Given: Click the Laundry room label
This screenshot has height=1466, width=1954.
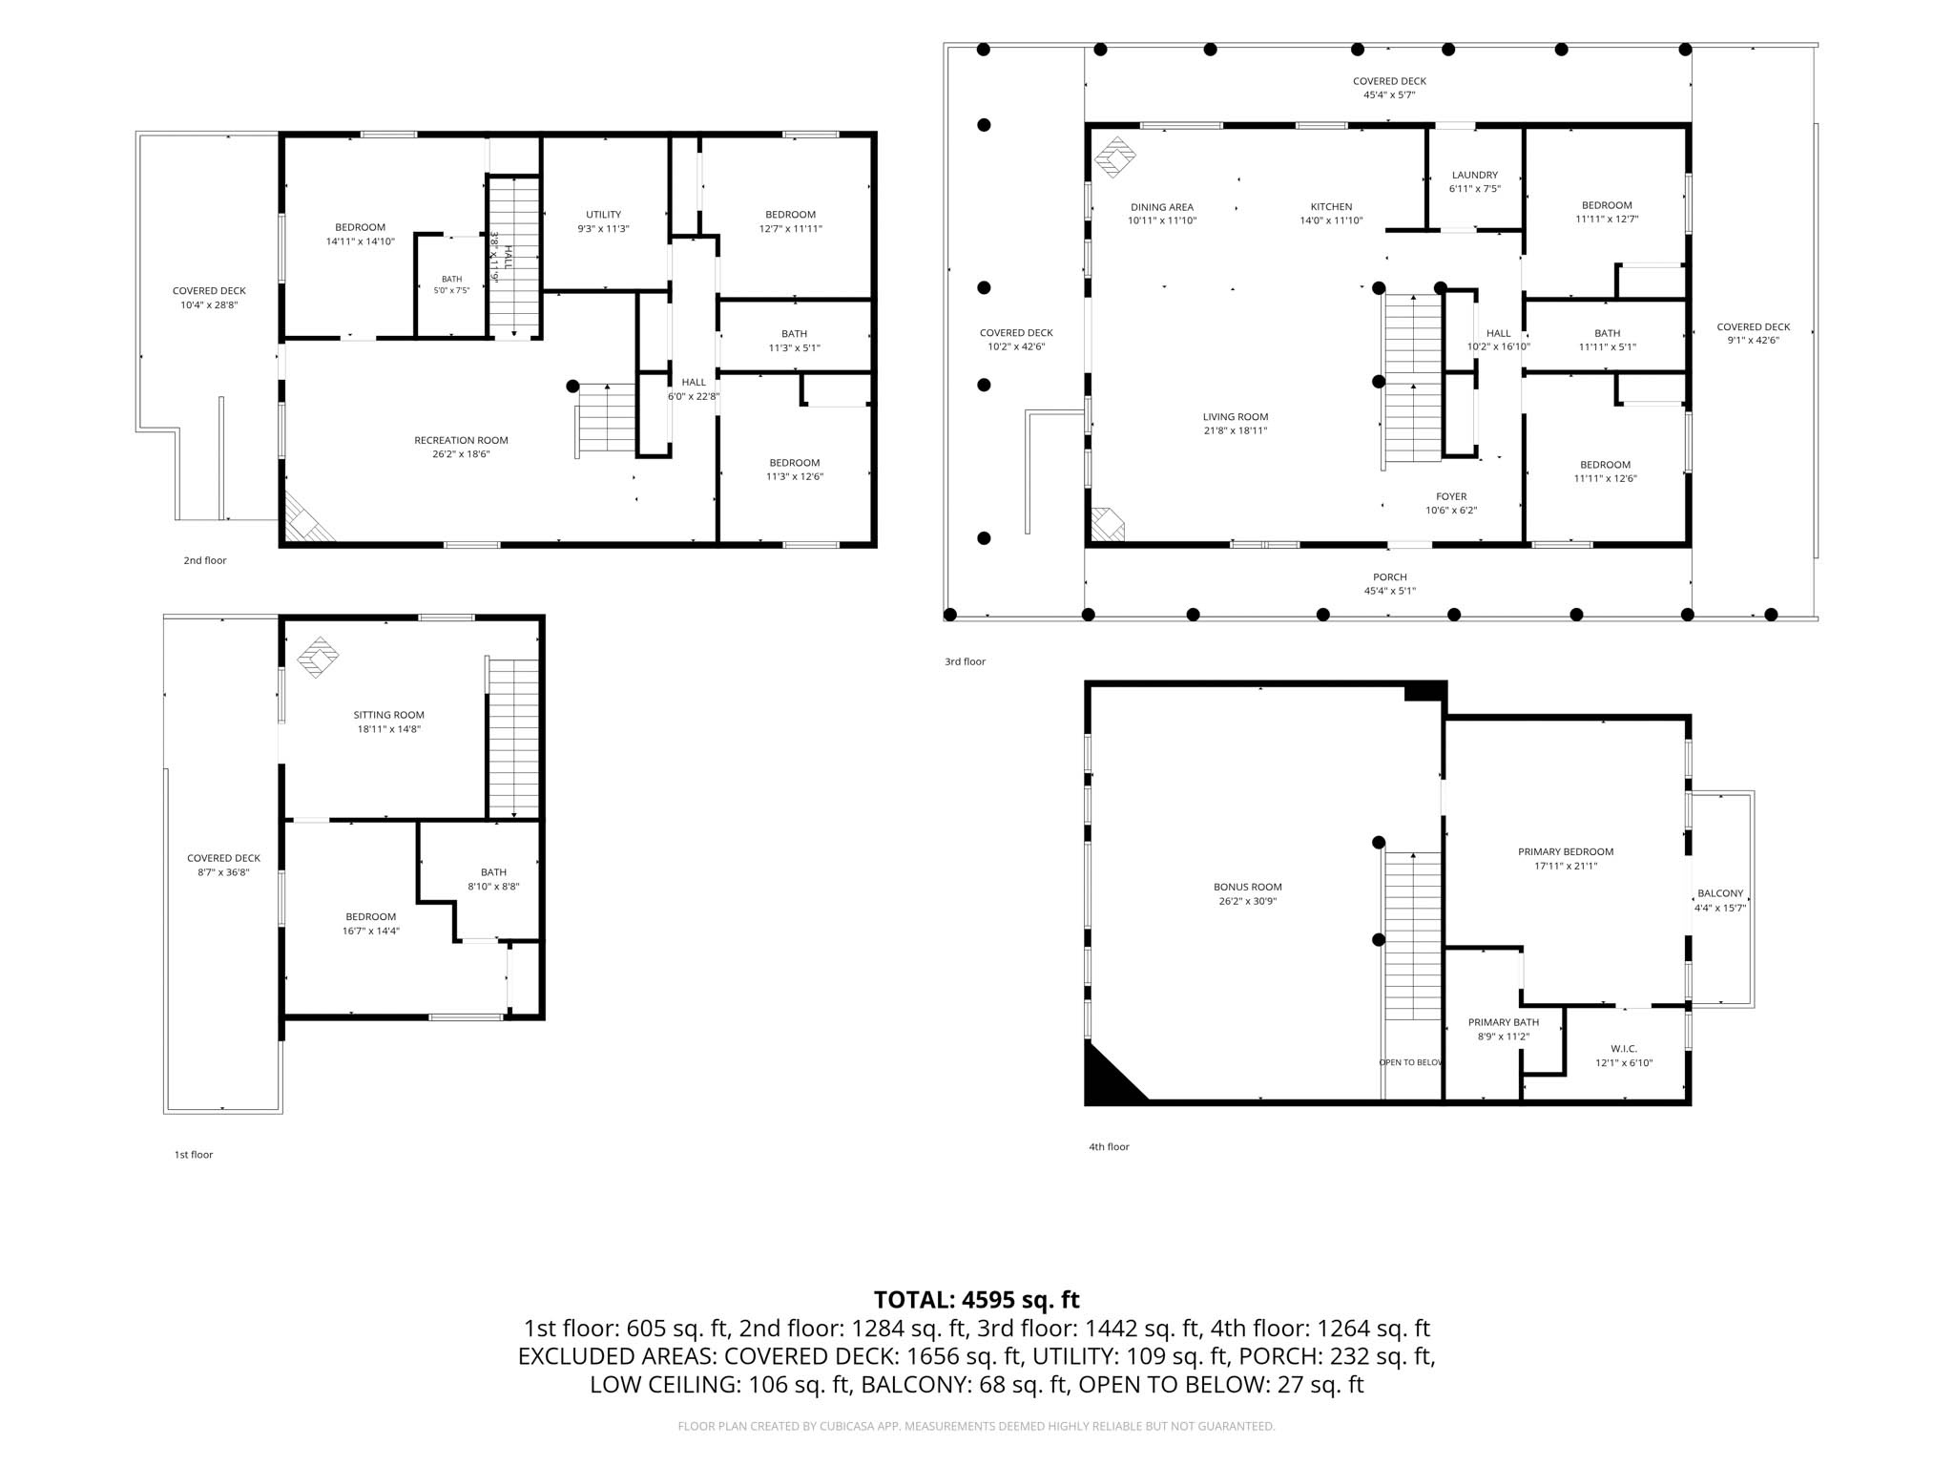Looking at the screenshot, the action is point(1474,175).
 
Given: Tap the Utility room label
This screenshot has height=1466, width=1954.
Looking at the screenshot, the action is point(603,215).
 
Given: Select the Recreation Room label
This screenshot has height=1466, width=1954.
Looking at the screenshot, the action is point(461,440).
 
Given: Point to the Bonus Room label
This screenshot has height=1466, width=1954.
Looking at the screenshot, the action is point(1248,887).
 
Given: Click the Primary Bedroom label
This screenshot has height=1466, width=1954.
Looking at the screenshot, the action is point(1566,852).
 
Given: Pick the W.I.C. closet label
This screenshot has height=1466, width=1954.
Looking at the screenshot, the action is point(1624,1049).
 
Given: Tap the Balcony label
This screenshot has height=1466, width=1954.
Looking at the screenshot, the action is point(1720,894).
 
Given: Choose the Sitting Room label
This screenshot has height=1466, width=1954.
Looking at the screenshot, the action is point(388,715).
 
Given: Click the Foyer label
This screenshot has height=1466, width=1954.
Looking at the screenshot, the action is point(1451,496).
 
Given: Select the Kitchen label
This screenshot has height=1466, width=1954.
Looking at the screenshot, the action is point(1331,207).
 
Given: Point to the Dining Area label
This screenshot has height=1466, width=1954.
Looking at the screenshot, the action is point(1162,207).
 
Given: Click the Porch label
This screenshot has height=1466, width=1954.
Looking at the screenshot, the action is point(1390,577).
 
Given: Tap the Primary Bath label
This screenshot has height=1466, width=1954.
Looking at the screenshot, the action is point(1504,1022).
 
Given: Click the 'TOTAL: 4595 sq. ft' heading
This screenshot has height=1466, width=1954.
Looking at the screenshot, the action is point(976,1300).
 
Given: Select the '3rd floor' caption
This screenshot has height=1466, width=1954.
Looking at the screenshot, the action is point(965,661).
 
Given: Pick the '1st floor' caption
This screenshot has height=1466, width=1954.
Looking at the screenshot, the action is point(193,1155).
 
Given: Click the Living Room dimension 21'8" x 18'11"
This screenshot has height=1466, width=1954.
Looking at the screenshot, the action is point(1235,430).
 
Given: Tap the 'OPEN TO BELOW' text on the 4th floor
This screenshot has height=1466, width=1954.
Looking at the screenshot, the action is point(1410,1062).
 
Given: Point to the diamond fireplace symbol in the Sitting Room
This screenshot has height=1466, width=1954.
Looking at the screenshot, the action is point(318,658).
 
